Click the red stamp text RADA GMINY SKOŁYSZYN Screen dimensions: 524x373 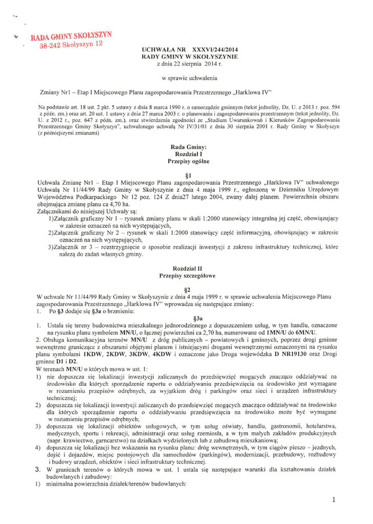click(x=71, y=37)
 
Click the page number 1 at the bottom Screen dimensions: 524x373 click(x=333, y=500)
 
